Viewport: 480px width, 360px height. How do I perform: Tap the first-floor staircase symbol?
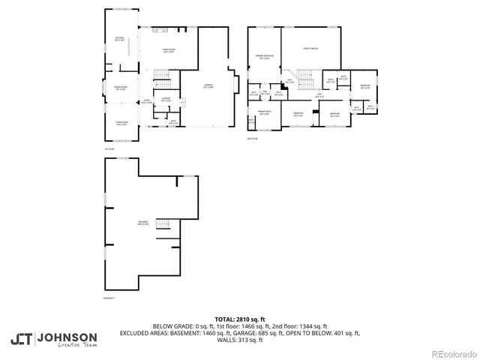point(163,76)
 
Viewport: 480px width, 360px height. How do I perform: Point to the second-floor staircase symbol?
point(303,77)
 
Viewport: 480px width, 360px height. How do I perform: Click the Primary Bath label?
point(264,112)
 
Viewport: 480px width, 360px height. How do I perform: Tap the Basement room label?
point(142,224)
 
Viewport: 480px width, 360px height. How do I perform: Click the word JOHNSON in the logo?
point(67,337)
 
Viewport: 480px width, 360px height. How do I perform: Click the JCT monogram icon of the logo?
point(21,338)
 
